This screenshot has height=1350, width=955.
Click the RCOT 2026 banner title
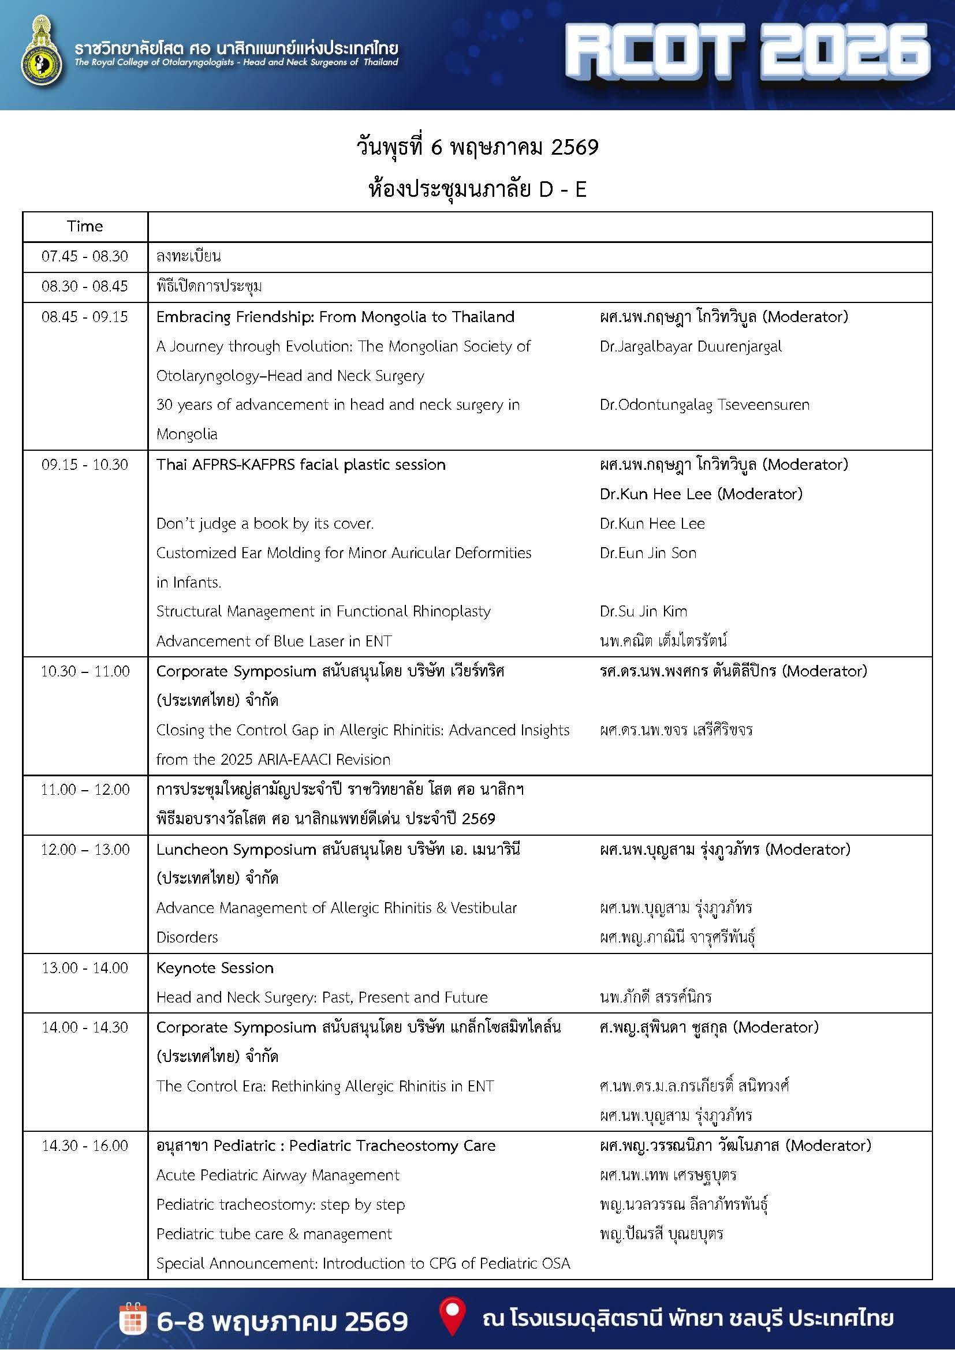pos(747,52)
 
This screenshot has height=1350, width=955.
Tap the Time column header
pos(85,226)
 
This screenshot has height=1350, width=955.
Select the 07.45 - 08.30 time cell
pos(85,256)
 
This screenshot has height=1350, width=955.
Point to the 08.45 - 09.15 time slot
pos(85,317)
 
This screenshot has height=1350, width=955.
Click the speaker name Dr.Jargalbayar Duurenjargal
pos(691,346)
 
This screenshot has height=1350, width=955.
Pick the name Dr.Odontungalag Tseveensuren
pos(704,405)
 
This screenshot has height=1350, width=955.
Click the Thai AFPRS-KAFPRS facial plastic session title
pos(300,465)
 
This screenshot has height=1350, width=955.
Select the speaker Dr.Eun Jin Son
pos(647,553)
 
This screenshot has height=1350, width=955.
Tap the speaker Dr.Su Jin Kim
pos(643,611)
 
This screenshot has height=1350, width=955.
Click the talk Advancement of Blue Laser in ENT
pos(274,641)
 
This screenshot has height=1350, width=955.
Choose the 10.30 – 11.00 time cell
pos(85,671)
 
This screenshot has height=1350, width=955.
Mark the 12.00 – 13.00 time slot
pos(85,850)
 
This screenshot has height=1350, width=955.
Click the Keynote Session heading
pos(215,968)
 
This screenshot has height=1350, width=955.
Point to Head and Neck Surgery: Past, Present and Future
pos(322,997)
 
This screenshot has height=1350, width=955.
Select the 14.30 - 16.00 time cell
pos(85,1145)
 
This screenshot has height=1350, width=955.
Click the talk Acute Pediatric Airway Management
pos(278,1175)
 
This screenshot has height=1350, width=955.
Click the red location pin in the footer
pos(452,1316)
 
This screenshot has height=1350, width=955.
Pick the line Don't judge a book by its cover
pos(264,523)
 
